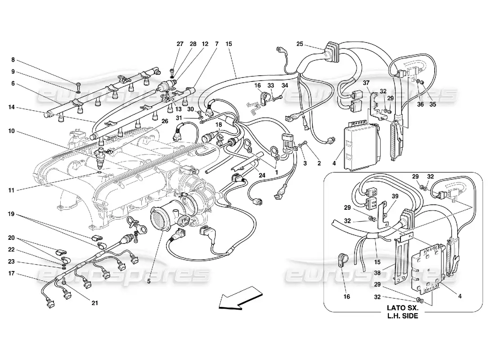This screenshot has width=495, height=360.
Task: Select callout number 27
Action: pos(180,44)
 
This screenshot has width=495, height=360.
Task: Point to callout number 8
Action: pos(13,59)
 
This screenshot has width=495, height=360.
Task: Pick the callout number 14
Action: pos(12,107)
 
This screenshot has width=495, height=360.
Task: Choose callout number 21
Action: pos(94,303)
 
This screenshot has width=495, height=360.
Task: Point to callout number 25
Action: pos(300,44)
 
